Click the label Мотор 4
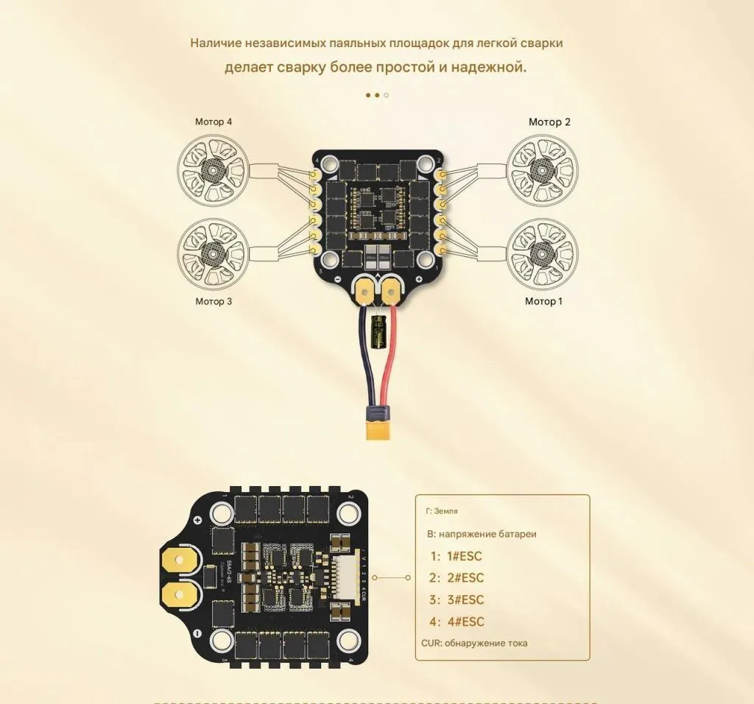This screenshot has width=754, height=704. point(214,122)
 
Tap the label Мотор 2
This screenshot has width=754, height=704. point(549,122)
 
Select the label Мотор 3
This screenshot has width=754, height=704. point(214,301)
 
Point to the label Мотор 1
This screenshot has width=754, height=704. point(543,301)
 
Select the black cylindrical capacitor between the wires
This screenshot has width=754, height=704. point(380,331)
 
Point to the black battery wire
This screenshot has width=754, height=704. point(363,361)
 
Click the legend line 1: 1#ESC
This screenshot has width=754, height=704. point(457,556)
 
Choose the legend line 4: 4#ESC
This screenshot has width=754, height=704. point(457,622)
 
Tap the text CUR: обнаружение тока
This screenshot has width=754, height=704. point(474,643)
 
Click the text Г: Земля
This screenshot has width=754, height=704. point(442,510)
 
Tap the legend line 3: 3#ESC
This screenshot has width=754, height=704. point(457,599)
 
